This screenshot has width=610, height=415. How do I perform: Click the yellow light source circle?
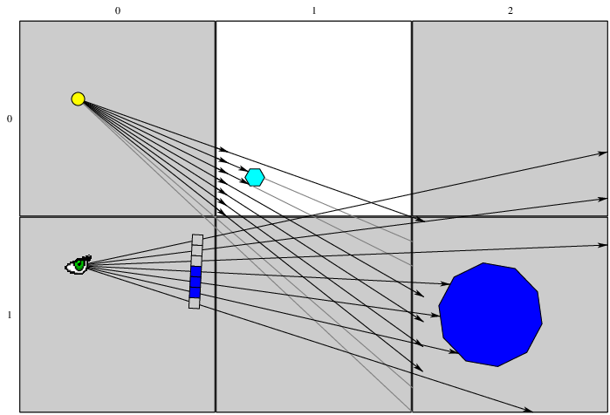pyautogui.click(x=79, y=99)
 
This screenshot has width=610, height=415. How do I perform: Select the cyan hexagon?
pyautogui.click(x=255, y=177)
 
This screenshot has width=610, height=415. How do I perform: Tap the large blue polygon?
pyautogui.click(x=490, y=315)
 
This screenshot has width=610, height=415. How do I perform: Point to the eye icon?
pyautogui.click(x=79, y=265)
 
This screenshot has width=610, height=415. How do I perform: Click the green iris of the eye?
pyautogui.click(x=79, y=265)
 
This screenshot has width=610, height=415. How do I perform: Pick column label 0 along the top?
pyautogui.click(x=118, y=10)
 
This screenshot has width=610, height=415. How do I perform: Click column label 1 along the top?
pyautogui.click(x=314, y=10)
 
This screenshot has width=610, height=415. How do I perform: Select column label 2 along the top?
pyautogui.click(x=511, y=10)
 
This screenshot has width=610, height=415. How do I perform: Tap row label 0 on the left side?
pyautogui.click(x=10, y=119)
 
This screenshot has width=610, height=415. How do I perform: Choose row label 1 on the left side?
pyautogui.click(x=10, y=315)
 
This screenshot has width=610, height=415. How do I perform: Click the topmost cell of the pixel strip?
pyautogui.click(x=197, y=240)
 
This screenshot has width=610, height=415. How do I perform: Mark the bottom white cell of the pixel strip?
pyautogui.click(x=194, y=303)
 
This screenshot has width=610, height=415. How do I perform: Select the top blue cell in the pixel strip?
pyautogui.click(x=196, y=272)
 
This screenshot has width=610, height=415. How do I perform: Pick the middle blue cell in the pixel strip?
pyautogui.click(x=195, y=282)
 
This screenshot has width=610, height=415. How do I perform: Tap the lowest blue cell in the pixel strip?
pyautogui.click(x=195, y=293)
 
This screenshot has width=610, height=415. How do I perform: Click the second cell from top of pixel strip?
pyautogui.click(x=197, y=250)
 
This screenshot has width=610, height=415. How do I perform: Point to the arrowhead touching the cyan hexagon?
pyautogui.click(x=244, y=169)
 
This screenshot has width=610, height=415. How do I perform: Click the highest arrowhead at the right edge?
pyautogui.click(x=603, y=153)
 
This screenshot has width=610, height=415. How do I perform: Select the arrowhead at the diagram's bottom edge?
pyautogui.click(x=528, y=410)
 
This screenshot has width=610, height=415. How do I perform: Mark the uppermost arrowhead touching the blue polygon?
pyautogui.click(x=445, y=284)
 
